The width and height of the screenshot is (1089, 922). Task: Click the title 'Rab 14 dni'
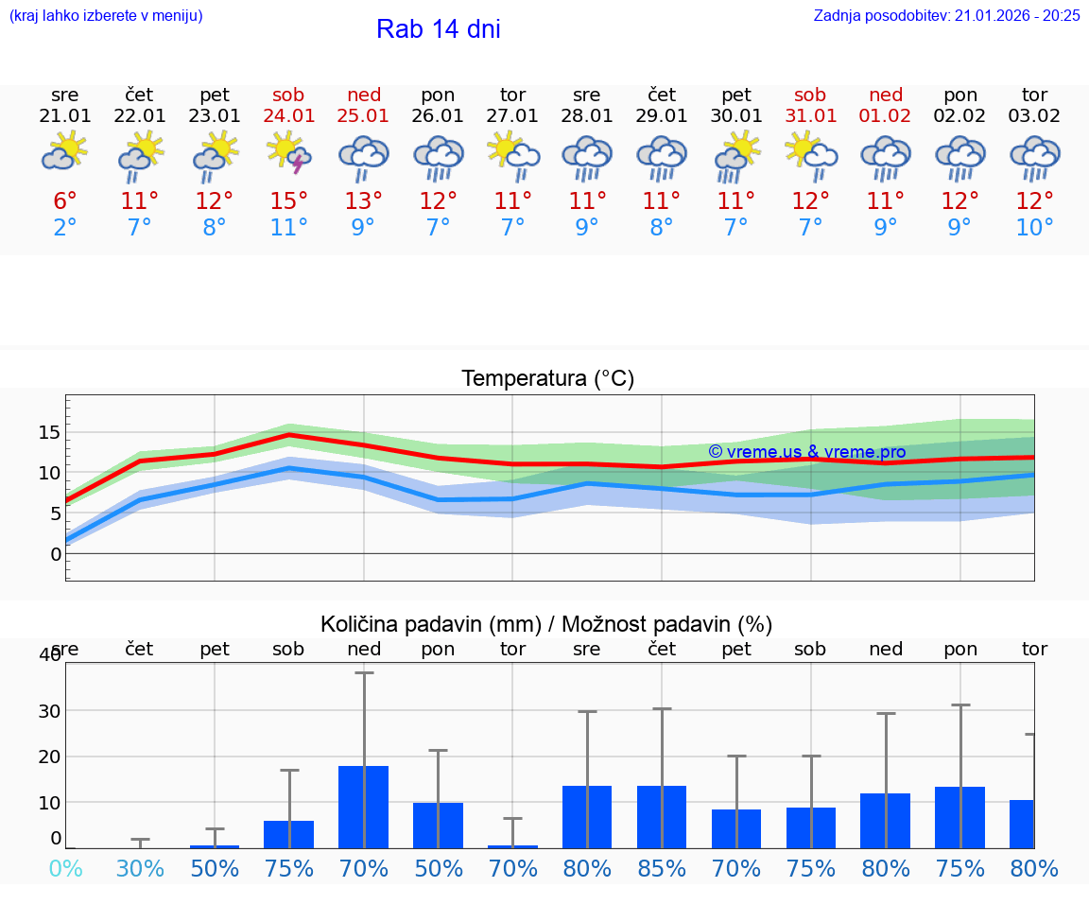point(438,29)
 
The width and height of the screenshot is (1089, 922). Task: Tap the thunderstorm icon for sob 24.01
point(289,153)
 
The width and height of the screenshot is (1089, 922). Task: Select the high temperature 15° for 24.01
point(289,201)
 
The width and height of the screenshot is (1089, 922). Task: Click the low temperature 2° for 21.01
point(64,228)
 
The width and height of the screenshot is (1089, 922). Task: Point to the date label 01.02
point(886,116)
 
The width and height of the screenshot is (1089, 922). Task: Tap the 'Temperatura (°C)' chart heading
point(547,379)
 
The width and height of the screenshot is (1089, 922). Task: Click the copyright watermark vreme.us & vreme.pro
point(806,452)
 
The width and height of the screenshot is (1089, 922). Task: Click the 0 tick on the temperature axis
point(55,553)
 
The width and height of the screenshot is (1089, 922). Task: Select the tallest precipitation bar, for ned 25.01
point(364,807)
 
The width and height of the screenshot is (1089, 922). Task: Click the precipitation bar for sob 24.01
point(289,834)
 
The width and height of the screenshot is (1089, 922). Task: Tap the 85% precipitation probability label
point(662,869)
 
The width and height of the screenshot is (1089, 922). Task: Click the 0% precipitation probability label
point(64,869)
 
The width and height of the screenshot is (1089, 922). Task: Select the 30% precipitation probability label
point(140,869)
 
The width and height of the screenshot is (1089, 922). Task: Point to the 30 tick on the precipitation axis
point(49,711)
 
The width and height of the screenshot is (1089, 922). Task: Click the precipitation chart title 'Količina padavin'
point(546,624)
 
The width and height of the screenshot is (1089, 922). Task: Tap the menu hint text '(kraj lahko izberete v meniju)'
point(106,15)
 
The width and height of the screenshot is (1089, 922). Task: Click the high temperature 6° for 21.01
point(64,201)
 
